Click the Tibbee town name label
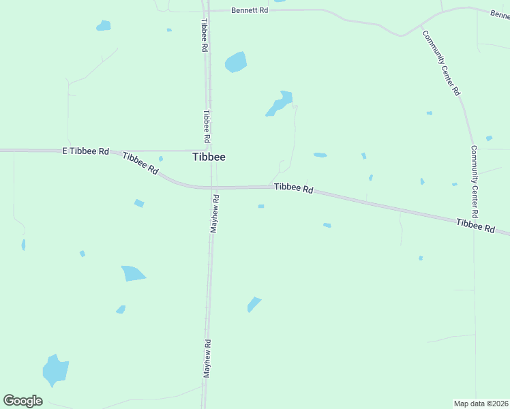[x=209, y=157]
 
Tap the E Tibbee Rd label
[x=86, y=151]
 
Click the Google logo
[x=23, y=400]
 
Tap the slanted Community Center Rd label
[x=440, y=63]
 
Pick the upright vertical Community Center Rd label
[x=474, y=177]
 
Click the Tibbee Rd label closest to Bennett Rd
[x=203, y=35]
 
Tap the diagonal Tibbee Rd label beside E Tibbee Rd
[x=140, y=164]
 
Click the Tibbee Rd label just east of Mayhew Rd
[x=293, y=188]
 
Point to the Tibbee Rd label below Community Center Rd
[x=475, y=226]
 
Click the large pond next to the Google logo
[x=55, y=370]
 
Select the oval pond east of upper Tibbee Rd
[x=235, y=61]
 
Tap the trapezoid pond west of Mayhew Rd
[x=133, y=273]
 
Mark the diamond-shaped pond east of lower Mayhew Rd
[x=254, y=304]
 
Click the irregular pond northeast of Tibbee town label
[x=280, y=103]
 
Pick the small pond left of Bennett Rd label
[x=103, y=26]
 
